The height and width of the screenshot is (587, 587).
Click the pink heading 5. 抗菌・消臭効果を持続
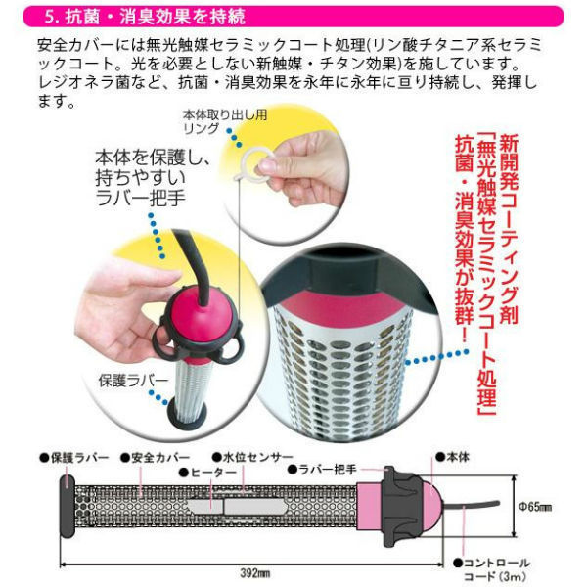[x=145, y=18]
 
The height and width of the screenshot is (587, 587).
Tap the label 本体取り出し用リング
[x=225, y=122]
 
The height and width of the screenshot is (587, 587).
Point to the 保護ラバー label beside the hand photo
[x=134, y=381]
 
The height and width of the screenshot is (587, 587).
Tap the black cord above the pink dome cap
[x=195, y=262]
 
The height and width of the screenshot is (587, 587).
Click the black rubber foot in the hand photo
[x=187, y=417]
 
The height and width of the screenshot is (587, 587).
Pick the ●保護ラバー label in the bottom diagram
[x=74, y=458]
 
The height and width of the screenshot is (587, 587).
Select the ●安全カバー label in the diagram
[x=156, y=458]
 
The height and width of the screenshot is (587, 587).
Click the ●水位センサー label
[x=252, y=457]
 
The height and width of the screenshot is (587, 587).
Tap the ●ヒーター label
[x=208, y=473]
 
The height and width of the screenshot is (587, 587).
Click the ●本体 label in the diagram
[x=452, y=457]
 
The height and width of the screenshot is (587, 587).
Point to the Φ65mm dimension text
[x=535, y=507]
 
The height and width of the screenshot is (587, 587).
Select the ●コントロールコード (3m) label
[x=491, y=569]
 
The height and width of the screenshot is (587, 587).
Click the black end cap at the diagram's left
[x=68, y=506]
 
